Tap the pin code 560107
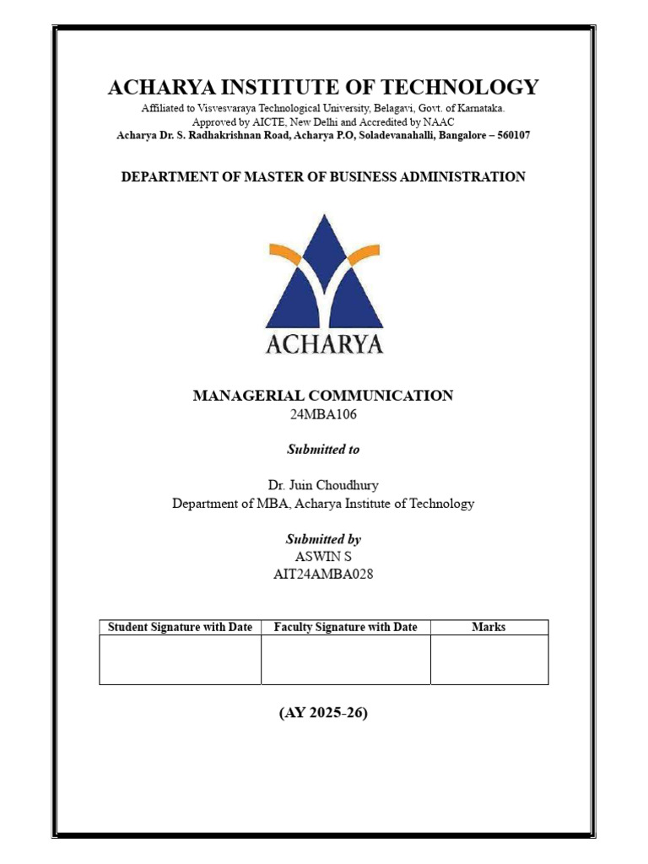508,135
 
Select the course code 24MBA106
323,414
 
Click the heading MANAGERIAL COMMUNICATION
323,396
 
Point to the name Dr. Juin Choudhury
323,484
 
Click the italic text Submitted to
323,450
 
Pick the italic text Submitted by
323,538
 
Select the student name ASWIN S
323,557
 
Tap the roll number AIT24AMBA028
323,575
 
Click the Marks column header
489,627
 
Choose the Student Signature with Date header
180,627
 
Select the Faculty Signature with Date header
346,627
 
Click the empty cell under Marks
489,659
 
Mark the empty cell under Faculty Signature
346,659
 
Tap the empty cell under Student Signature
180,659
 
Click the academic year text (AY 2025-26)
323,713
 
